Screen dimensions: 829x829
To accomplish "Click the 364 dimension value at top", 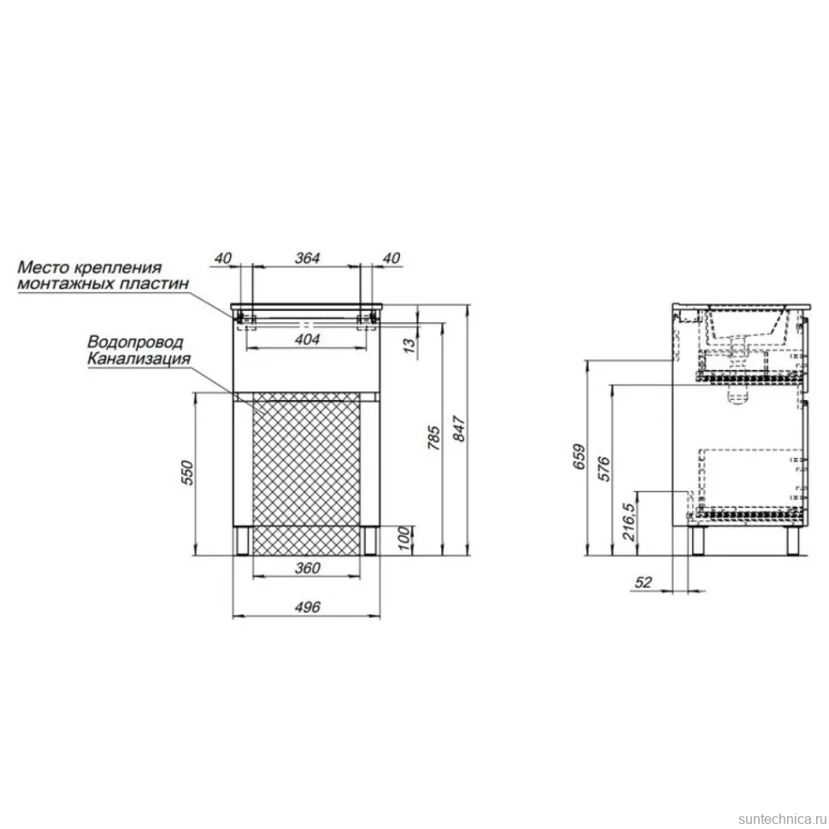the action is (x=307, y=258).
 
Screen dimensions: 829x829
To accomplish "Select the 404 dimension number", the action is (x=307, y=339).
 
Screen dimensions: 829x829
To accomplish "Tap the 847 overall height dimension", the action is (x=459, y=429).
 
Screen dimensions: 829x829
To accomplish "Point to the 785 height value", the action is (x=433, y=438).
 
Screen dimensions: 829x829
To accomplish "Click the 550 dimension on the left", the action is (x=188, y=473).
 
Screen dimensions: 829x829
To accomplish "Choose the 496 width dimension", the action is (x=307, y=607).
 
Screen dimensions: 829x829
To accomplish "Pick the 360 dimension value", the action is (x=307, y=567).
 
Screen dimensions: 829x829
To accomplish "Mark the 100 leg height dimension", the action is (x=404, y=538).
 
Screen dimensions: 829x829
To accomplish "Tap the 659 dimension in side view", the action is (x=579, y=456).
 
